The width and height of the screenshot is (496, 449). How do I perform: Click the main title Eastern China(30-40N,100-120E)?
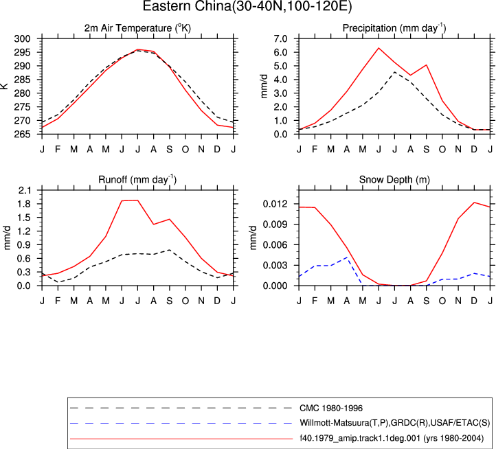tap(247, 6)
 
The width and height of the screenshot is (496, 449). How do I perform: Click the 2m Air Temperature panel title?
tap(137, 28)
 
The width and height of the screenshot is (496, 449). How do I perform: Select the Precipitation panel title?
tap(394, 28)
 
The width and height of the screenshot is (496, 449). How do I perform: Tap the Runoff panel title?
tap(137, 180)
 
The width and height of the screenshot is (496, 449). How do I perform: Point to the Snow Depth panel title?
tap(394, 180)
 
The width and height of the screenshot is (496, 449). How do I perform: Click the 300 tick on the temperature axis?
tap(23, 39)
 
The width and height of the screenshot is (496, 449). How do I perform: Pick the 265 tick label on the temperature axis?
tap(23, 135)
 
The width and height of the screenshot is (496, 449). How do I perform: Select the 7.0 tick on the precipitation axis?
tap(281, 39)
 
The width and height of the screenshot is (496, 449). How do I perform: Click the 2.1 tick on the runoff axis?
tap(25, 190)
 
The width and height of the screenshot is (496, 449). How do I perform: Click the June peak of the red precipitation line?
tap(379, 48)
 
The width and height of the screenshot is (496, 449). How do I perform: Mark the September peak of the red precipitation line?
tap(427, 65)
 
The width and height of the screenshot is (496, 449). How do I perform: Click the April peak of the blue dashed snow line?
tap(347, 257)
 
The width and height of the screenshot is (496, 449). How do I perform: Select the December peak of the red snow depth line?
tap(474, 203)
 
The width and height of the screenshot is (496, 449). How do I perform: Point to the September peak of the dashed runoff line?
tap(170, 250)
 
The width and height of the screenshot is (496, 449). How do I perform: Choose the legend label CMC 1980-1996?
tap(331, 408)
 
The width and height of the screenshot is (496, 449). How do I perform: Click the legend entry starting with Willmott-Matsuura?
tap(394, 423)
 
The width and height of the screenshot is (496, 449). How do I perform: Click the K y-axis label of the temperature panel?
tap(4, 87)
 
